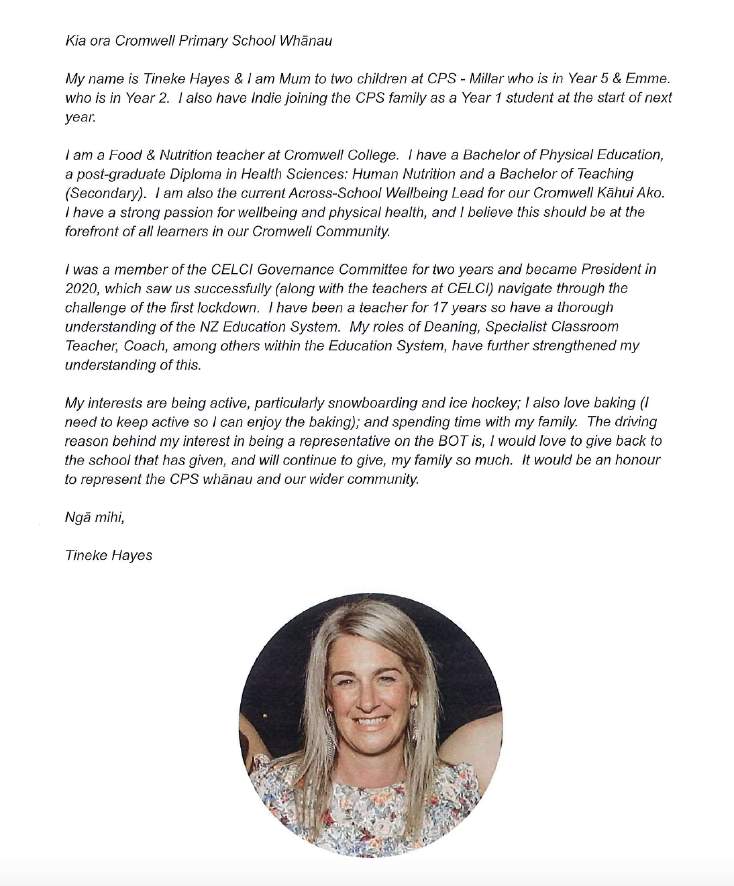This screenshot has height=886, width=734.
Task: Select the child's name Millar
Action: [486, 79]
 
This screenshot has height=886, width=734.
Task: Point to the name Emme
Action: [646, 79]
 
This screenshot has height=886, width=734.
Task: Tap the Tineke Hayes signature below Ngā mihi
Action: [108, 555]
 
